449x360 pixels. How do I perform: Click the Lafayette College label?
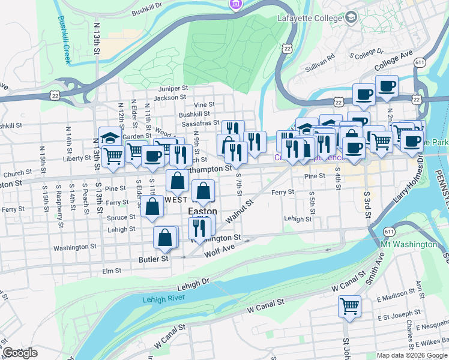pyautogui.click(x=309, y=18)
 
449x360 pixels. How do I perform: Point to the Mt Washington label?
pyautogui.click(x=409, y=244)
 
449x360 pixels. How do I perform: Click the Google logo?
pyautogui.click(x=20, y=353)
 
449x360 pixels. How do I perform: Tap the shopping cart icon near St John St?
pyautogui.click(x=349, y=307)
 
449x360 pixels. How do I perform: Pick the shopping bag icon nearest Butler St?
pyautogui.click(x=165, y=238)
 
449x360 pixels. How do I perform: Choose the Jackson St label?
pyautogui.click(x=166, y=98)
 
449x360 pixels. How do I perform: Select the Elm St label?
pyautogui.click(x=112, y=271)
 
